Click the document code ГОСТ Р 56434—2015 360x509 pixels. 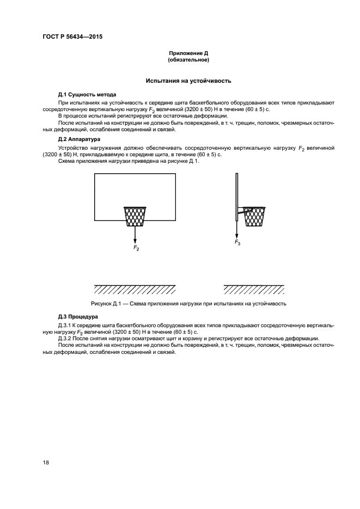click(72, 36)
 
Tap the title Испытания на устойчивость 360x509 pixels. click(188, 81)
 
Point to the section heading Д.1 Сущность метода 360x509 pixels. click(87, 94)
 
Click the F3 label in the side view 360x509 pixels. click(237, 242)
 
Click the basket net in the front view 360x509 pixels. click(135, 216)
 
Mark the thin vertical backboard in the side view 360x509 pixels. click(237, 196)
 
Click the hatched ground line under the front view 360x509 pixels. click(135, 288)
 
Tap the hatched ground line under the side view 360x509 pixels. click(255, 288)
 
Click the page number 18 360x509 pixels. click(46, 462)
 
